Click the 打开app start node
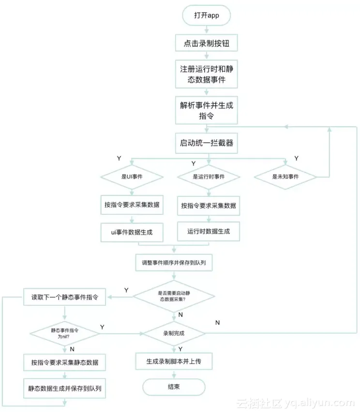coord(207,15)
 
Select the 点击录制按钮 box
coord(207,44)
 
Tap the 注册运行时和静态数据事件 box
coord(207,74)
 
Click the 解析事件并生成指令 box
coord(207,110)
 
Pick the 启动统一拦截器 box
coord(207,143)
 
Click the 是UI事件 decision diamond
coord(132,177)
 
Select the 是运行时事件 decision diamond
coord(209,177)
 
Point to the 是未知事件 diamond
coord(285,177)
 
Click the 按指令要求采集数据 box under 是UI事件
coord(132,205)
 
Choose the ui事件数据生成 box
coord(132,232)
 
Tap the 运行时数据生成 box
coord(209,231)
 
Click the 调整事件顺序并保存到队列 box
coord(174,264)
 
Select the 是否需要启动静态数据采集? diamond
coord(174,296)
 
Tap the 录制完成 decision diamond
coord(174,333)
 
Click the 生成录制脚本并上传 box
coord(174,361)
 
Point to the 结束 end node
coord(174,387)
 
